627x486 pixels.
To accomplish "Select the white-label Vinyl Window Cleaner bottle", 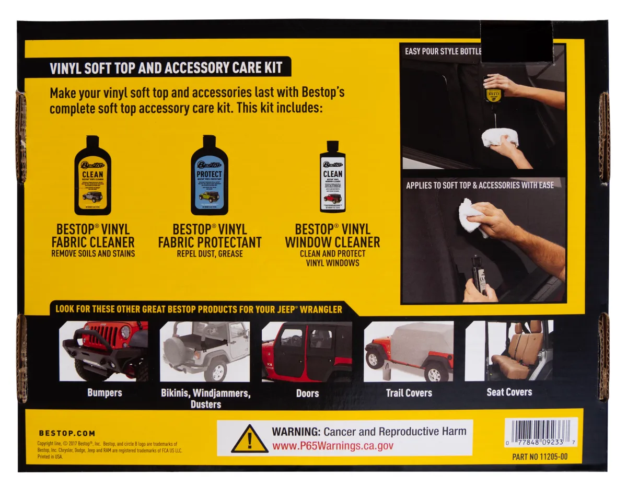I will coord(332,177).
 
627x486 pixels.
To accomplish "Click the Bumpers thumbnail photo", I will coord(103,351).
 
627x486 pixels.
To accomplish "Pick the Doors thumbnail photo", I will coord(307,351).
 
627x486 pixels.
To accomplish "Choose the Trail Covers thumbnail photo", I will coord(409,351).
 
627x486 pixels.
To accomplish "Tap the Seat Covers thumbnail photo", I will coord(509,351).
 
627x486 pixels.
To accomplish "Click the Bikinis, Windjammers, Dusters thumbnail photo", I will coord(205,351).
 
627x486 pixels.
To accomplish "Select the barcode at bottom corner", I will coord(541,432).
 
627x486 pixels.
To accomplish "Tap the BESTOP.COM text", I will coord(67,433).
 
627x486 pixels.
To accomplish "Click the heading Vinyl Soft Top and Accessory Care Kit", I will coord(166,68).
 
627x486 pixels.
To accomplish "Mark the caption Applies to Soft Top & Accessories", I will coord(480,185).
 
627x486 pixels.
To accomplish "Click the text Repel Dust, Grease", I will coord(210,254).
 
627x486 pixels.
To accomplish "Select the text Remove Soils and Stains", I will coord(93,254).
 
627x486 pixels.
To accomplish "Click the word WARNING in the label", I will coord(295,432).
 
